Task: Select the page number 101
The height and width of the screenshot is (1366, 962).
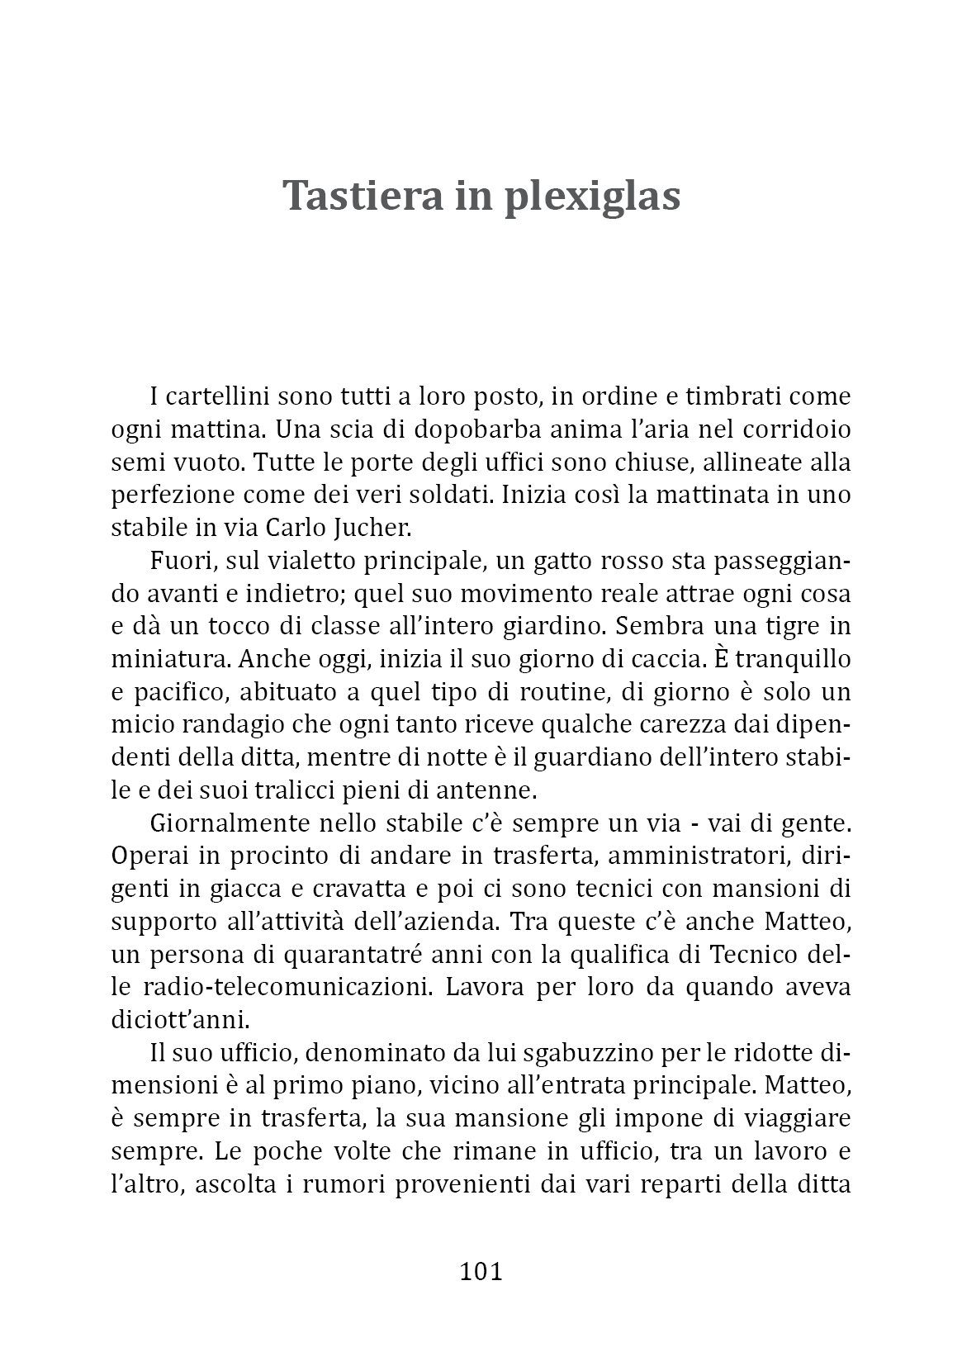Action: pyautogui.click(x=481, y=1271)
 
